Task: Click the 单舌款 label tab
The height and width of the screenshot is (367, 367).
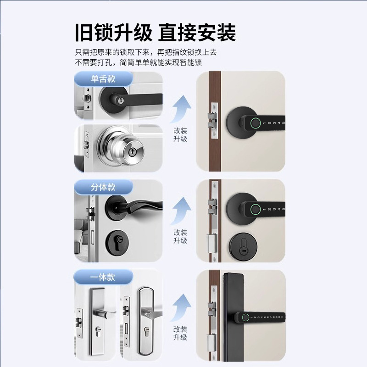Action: [x=103, y=78]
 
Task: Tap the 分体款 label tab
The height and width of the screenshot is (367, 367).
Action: [x=103, y=187]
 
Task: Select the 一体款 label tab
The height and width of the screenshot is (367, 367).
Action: [x=103, y=277]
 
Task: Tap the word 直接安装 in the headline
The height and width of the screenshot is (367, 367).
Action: [x=197, y=33]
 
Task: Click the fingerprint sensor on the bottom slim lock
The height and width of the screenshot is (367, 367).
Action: [x=245, y=317]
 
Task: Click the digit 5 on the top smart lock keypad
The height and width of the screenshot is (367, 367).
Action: [x=284, y=123]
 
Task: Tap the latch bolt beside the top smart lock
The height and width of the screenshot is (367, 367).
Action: [x=211, y=120]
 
